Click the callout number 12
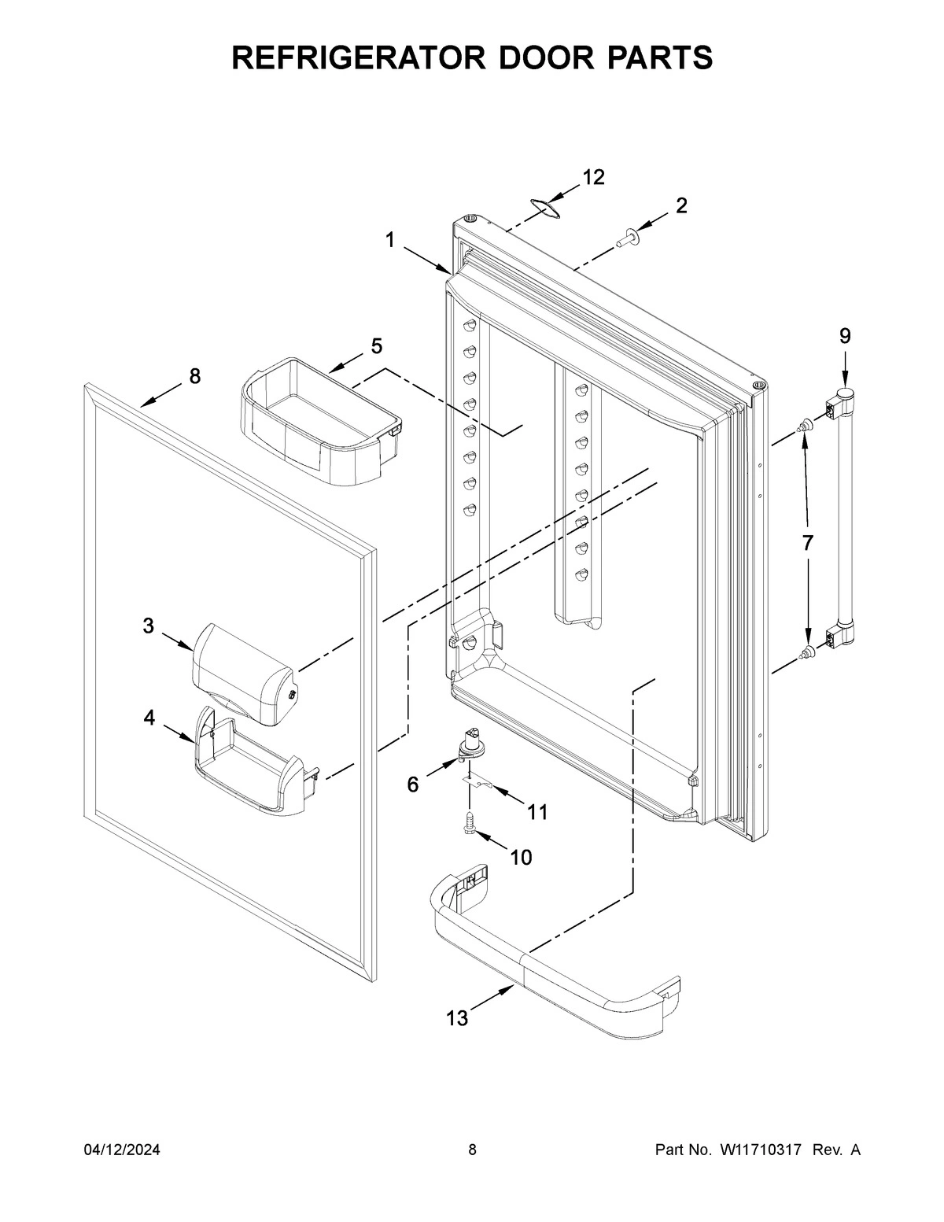point(593,178)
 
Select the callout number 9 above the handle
point(844,337)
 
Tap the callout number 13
point(457,1018)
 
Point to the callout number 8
point(194,376)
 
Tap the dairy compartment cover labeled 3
point(244,673)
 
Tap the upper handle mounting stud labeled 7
point(803,427)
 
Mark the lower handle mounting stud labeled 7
point(803,652)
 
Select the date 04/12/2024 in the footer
point(122,1150)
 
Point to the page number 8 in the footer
point(472,1150)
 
